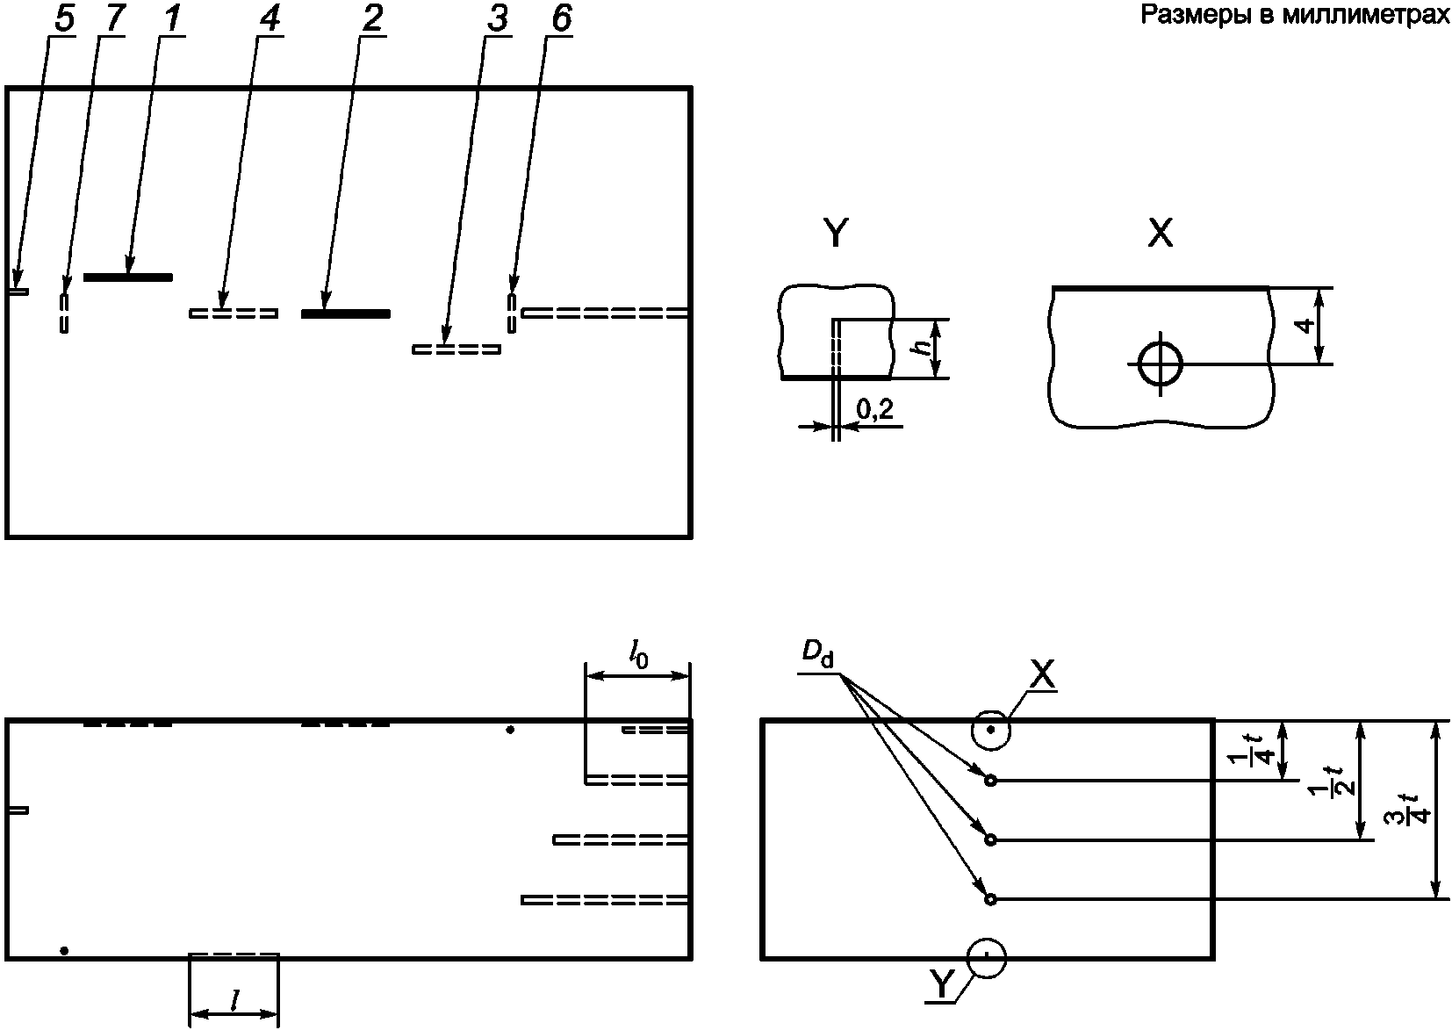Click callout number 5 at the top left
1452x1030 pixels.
64,18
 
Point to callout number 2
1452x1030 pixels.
372,18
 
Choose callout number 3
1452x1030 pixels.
497,18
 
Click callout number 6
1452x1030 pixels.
561,18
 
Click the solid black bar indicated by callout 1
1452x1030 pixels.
128,277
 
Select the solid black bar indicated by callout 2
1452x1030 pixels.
346,313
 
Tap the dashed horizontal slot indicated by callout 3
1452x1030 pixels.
456,349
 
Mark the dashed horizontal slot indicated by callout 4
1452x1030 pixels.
234,313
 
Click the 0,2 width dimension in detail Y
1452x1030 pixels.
874,409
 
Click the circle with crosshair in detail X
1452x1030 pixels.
1160,364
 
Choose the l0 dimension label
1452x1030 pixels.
638,657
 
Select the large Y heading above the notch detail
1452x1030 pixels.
836,234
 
